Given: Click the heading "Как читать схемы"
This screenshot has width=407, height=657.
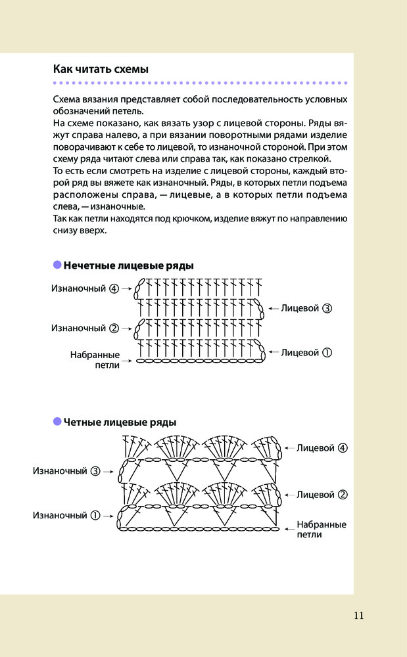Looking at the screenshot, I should (100, 69).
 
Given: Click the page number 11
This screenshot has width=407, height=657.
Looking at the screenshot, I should (358, 616).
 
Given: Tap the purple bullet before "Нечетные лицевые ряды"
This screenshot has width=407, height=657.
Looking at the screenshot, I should (57, 265).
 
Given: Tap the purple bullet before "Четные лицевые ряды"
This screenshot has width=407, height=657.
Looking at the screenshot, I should (57, 421).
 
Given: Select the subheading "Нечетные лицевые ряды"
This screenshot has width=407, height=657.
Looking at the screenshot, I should (128, 265).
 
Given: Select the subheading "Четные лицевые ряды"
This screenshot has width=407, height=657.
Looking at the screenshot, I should (120, 422).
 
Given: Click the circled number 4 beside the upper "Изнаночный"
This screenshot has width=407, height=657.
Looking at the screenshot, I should (114, 288).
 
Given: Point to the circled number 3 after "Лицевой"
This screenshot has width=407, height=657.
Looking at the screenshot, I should (327, 307).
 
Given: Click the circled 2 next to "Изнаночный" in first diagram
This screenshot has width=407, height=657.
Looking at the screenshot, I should (114, 328).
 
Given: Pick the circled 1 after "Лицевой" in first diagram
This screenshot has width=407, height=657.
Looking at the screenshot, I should (327, 352).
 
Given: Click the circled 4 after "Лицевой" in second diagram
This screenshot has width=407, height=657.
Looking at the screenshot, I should (342, 448).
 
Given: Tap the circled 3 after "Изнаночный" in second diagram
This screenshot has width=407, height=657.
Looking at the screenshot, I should (95, 471).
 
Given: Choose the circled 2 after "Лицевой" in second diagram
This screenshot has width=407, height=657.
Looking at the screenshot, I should (342, 494).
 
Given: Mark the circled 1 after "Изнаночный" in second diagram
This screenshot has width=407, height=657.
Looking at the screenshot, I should (95, 516).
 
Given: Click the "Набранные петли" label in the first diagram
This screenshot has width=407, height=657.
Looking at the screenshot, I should (95, 359).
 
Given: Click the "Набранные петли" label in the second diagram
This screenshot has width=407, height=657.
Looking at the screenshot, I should (321, 530).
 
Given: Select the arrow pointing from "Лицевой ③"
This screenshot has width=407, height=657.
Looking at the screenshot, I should (272, 307).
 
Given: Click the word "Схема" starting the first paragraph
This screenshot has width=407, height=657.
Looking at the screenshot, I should (67, 100).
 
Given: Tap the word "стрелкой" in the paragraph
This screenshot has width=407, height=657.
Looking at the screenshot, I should (314, 159).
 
